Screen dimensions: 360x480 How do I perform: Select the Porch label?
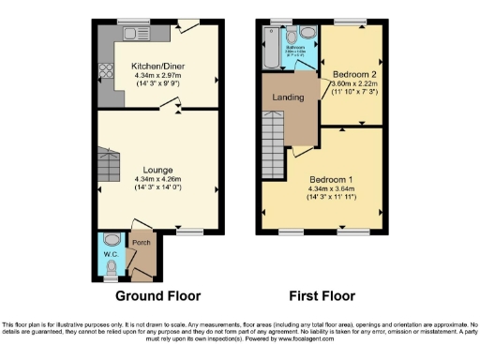[x=141, y=243]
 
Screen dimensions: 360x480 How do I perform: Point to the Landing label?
[x=287, y=97]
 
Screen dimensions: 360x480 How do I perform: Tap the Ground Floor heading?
[x=157, y=296]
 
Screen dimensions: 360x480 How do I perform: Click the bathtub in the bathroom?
[x=272, y=49]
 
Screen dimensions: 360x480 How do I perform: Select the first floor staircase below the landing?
[x=273, y=141]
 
